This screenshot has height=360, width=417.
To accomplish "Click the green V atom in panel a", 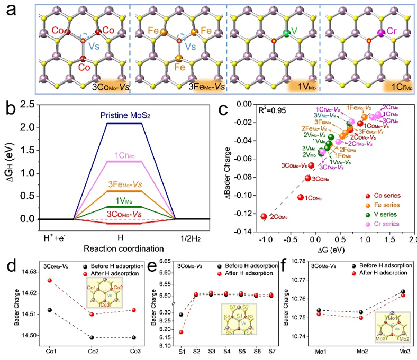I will coord(286,33).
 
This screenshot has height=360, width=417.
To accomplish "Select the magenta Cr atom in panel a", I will coord(380,33).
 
